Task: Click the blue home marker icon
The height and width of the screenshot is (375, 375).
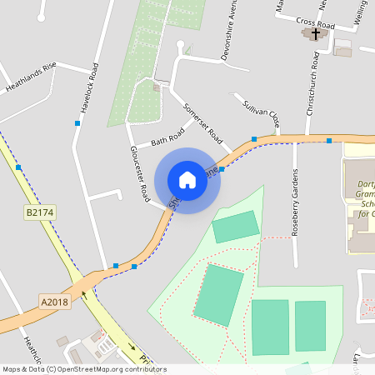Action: point(187,180)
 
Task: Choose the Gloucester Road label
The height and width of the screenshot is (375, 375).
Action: point(138,173)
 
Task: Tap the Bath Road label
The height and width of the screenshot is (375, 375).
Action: point(167,138)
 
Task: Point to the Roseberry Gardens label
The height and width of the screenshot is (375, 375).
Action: point(295,203)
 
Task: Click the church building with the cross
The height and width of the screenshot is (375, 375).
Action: point(314,35)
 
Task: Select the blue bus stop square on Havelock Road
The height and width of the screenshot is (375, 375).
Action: point(77,123)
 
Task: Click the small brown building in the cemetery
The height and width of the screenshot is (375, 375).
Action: point(157,87)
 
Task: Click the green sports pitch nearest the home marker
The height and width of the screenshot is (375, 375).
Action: point(236,226)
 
